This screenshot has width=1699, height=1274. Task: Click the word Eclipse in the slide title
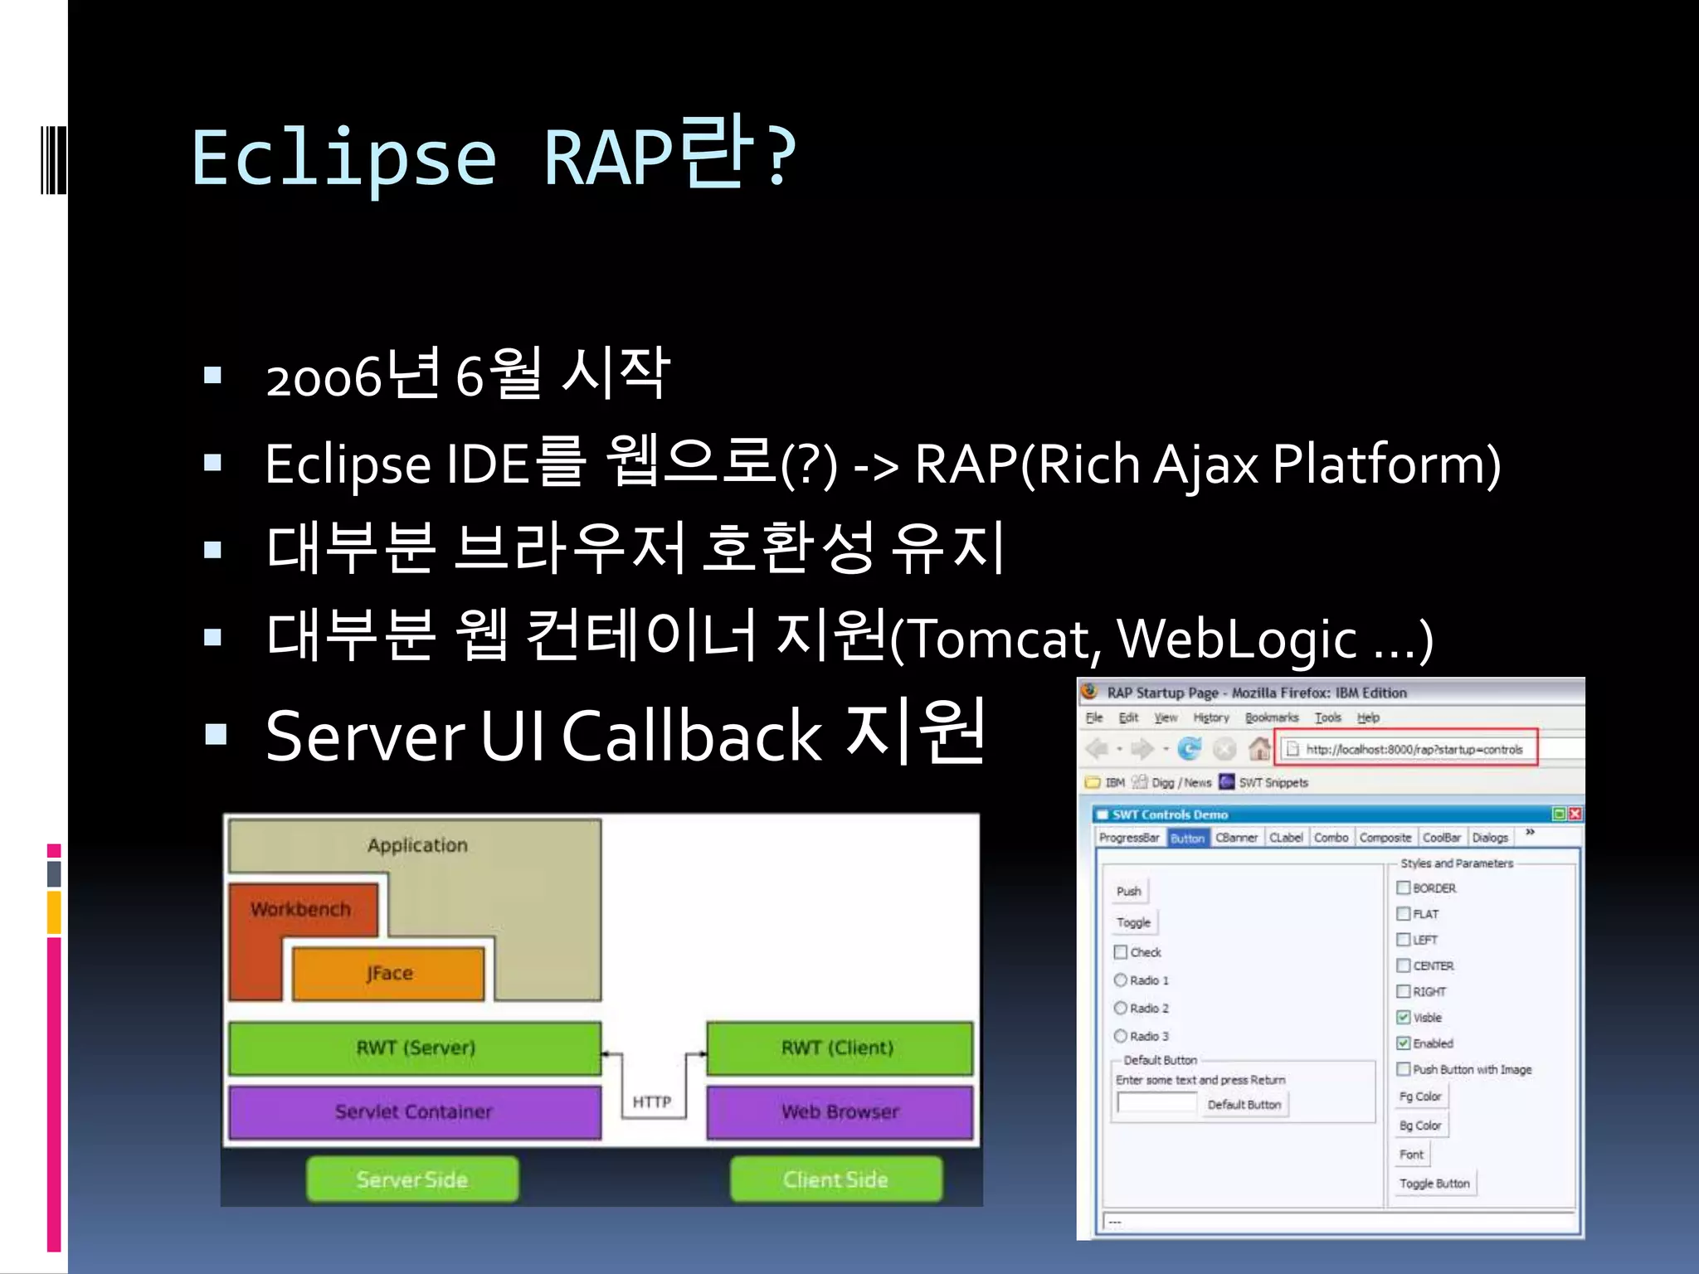click(x=343, y=158)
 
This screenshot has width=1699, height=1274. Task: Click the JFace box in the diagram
click(x=388, y=973)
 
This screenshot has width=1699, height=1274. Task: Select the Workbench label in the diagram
click(x=300, y=909)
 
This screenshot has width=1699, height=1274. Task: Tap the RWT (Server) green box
click(x=415, y=1048)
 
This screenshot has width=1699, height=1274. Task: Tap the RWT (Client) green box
click(x=838, y=1048)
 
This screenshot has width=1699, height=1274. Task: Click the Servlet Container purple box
click(x=414, y=1111)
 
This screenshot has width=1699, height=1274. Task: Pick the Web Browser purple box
click(x=840, y=1111)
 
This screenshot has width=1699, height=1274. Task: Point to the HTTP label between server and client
click(x=652, y=1101)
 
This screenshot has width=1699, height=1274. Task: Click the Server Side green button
click(x=412, y=1179)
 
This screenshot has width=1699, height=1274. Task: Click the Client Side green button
click(x=835, y=1179)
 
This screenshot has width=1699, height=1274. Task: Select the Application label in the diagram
click(x=417, y=845)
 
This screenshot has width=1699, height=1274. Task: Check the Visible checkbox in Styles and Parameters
click(x=1404, y=1017)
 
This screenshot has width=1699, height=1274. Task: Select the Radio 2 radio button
click(x=1121, y=1008)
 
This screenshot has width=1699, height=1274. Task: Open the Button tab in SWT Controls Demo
click(x=1187, y=838)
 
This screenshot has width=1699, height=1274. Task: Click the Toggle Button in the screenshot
click(x=1434, y=1184)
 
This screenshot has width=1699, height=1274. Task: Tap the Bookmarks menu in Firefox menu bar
click(x=1271, y=717)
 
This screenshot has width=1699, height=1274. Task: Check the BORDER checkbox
click(x=1404, y=887)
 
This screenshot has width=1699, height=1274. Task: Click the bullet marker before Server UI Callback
click(x=216, y=734)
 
